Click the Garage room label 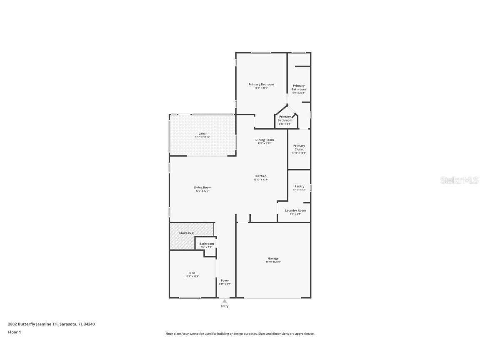(273, 258)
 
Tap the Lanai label (202, 133)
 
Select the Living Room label (202, 187)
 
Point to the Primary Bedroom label (261, 85)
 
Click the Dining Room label (265, 140)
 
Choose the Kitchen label (261, 176)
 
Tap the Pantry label (299, 186)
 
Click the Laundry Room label (295, 210)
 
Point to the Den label (192, 273)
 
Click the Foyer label (225, 280)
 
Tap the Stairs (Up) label (187, 232)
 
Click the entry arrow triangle (225, 301)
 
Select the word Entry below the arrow (225, 306)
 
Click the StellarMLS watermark (459, 180)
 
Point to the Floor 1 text (14, 332)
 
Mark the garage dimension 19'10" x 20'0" (273, 262)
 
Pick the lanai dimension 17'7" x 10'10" (202, 137)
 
